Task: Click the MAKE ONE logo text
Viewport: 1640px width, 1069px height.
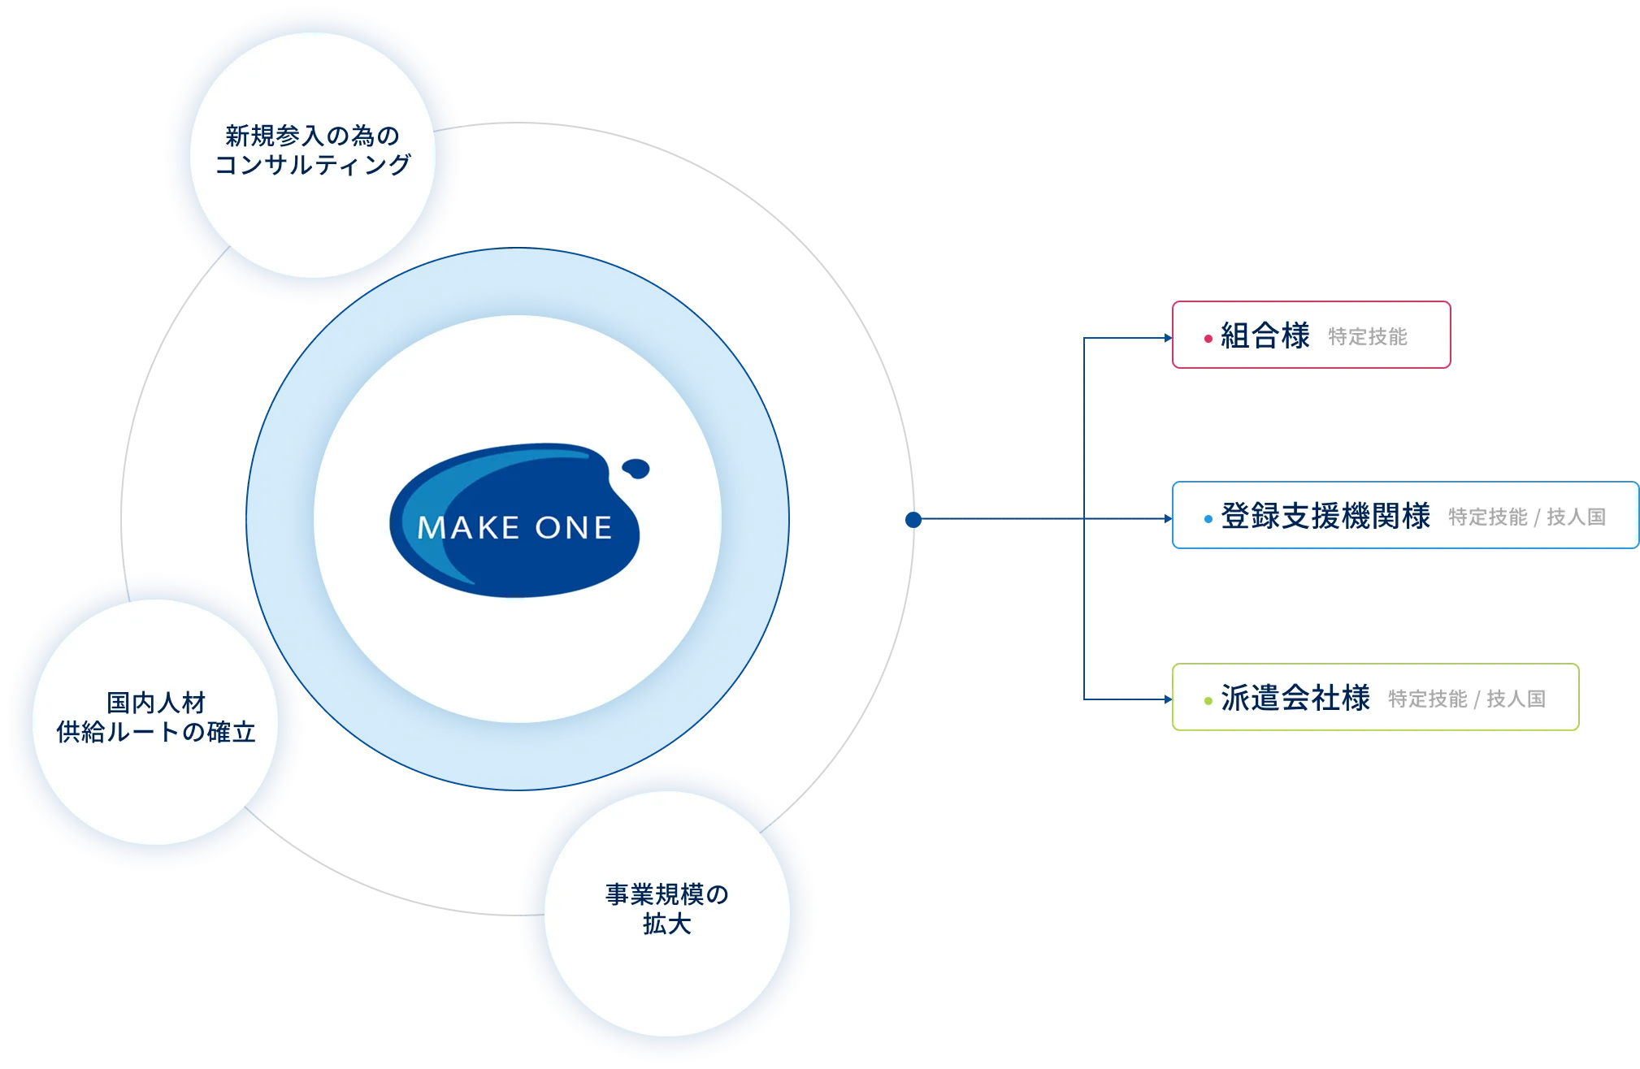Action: tap(514, 528)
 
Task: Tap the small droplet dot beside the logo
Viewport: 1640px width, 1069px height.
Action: tap(636, 469)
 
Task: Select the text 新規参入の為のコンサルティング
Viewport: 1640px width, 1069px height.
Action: tap(313, 150)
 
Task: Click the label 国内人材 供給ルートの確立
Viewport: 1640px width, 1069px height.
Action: tap(156, 717)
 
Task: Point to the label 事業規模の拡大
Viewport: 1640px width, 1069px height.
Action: tap(666, 909)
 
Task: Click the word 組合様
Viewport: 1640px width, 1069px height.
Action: tap(1265, 335)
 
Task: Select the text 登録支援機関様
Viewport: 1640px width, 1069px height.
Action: tap(1325, 517)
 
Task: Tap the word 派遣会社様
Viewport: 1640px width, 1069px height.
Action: tap(1295, 699)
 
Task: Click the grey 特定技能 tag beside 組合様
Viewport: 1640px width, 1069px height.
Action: tap(1368, 337)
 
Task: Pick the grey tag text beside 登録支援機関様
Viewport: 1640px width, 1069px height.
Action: tap(1527, 517)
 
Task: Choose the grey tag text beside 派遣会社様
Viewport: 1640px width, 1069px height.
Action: tap(1467, 699)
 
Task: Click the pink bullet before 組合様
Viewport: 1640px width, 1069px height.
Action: tap(1208, 338)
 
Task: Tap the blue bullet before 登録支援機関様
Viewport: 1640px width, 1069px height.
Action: tap(1208, 519)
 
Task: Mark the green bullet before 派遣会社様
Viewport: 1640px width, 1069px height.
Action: tap(1208, 700)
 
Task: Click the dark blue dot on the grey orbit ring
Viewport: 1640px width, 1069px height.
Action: tap(913, 518)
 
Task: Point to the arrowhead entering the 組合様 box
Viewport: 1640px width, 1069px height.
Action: tap(1167, 337)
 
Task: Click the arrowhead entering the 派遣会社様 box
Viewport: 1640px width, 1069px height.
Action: tap(1167, 699)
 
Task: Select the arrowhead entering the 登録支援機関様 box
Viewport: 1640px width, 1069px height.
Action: tap(1167, 517)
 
